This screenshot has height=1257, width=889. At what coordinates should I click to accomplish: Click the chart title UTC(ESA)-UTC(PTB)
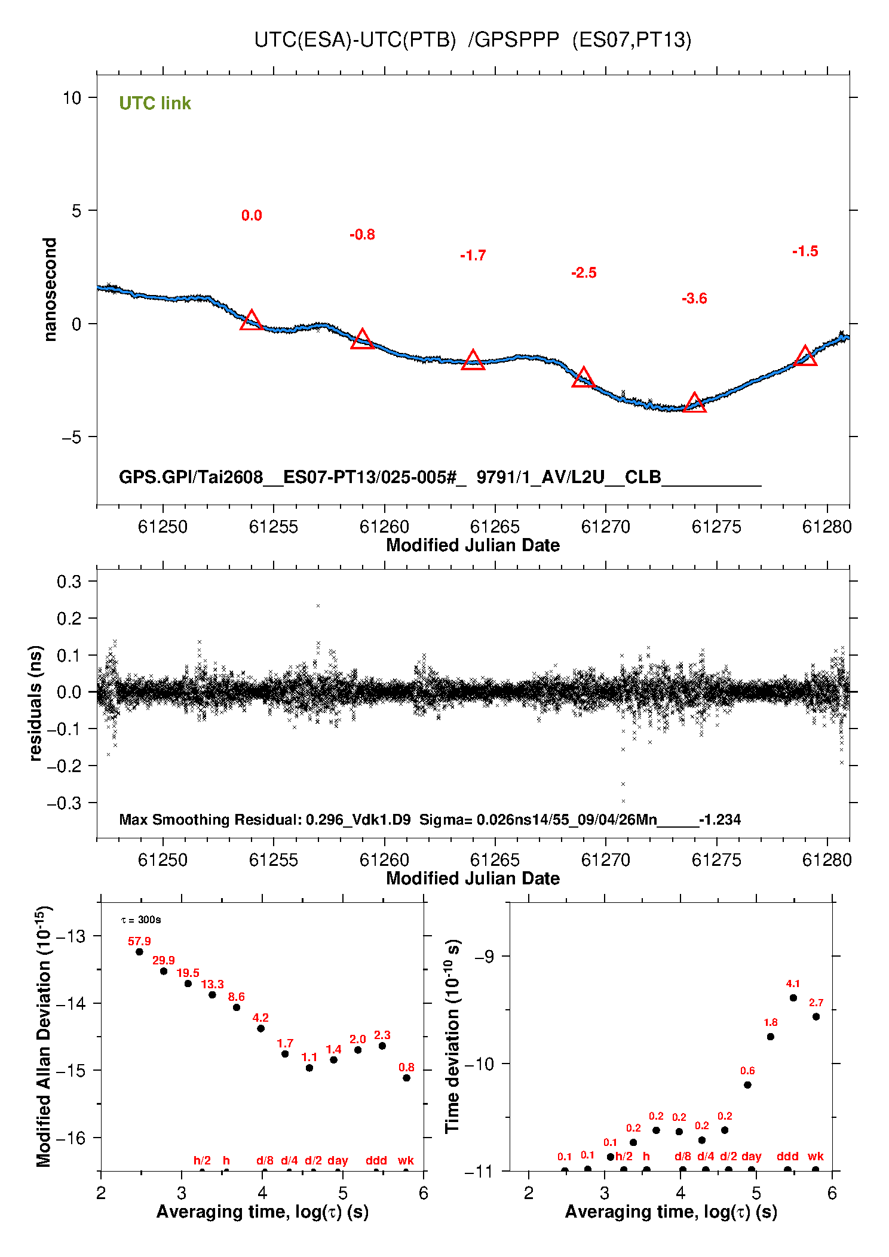(x=355, y=40)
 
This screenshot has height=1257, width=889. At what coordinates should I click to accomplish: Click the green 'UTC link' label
(x=155, y=103)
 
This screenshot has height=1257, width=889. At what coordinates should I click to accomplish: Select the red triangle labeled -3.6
(x=694, y=403)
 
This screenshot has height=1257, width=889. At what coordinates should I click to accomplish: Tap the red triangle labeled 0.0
(x=252, y=320)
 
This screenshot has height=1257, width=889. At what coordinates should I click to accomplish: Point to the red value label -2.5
(x=584, y=273)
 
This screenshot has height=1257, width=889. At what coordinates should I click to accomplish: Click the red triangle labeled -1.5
(x=805, y=356)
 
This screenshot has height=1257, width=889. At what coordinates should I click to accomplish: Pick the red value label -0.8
(x=362, y=235)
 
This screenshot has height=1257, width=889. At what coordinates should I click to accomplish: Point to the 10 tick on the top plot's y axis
(x=72, y=97)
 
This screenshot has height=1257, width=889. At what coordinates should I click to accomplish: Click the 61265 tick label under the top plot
(x=495, y=527)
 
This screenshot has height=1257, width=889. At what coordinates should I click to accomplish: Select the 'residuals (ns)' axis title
(x=36, y=703)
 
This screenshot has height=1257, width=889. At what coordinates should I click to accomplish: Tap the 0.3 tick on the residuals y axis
(x=69, y=581)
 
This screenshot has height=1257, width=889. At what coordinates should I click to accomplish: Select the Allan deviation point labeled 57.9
(x=139, y=952)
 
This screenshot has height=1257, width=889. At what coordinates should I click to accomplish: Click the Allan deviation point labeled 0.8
(x=406, y=1078)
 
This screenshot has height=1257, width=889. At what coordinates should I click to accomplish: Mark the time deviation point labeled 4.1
(x=793, y=998)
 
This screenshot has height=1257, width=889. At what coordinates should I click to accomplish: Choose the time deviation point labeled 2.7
(x=816, y=1017)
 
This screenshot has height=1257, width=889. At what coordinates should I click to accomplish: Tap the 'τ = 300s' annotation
(x=141, y=920)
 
